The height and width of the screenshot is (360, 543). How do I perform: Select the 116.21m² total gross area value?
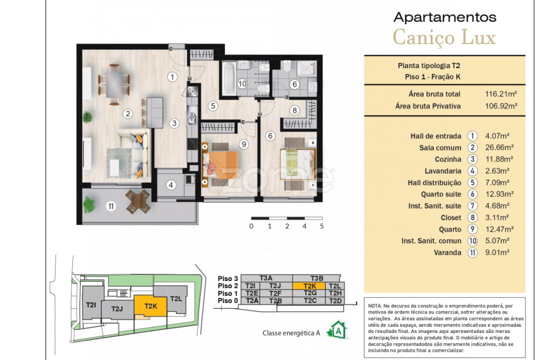coord(501,94)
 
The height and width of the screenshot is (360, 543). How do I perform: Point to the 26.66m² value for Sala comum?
coord(499,148)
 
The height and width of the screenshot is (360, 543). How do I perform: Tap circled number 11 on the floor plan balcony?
coord(111,206)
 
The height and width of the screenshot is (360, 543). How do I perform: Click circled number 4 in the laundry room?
coord(171,185)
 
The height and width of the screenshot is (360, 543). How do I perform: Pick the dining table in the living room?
coord(114,84)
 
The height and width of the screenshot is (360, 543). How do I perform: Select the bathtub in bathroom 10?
coord(228,78)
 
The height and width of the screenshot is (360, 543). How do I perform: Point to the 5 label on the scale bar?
coord(322,226)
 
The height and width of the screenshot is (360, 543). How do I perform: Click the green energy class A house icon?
coord(338,329)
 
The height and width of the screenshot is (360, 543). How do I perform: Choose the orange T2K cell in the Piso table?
coord(310,286)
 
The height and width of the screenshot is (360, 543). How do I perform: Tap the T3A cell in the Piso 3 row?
coord(266,278)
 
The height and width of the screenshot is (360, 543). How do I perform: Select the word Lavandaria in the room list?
coord(443,171)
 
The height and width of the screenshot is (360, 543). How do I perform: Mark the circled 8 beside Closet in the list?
coord(472,217)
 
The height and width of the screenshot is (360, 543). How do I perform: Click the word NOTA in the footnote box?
coord(375,306)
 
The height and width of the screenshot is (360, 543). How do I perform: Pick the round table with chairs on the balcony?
coord(138,201)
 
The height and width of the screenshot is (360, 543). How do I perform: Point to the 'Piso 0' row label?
coord(227,300)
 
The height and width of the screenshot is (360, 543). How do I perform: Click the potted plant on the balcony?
coord(89,204)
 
